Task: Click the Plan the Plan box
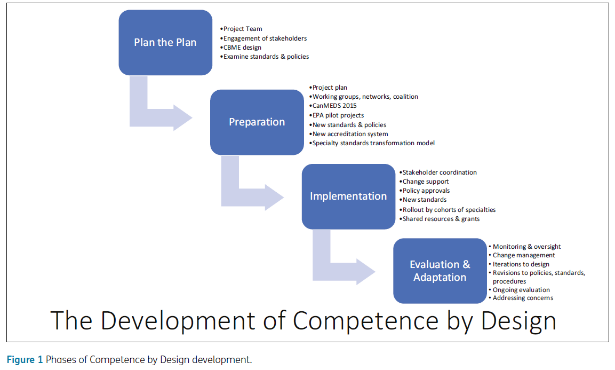coord(165,43)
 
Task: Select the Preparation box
coord(257,122)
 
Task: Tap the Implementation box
coord(348,196)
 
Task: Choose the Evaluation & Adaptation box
coord(440,271)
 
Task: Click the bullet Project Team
coord(243,29)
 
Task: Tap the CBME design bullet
coord(242,48)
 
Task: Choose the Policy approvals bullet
coord(426,191)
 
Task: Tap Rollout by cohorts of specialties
coord(449,210)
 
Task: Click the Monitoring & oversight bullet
coord(526,247)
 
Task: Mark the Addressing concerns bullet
coord(523,298)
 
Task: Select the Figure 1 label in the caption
coord(25,360)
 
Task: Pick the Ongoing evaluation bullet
coord(521,290)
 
